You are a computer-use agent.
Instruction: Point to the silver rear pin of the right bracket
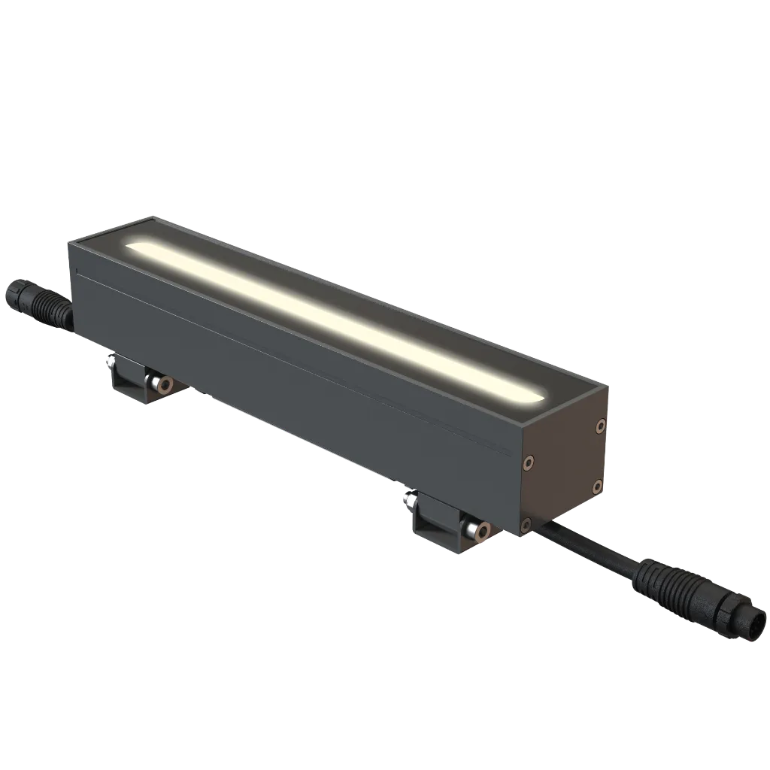(412, 499)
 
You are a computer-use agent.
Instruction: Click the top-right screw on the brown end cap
(599, 426)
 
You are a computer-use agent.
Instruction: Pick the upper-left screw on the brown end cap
(529, 461)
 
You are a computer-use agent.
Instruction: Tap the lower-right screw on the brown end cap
(596, 486)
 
